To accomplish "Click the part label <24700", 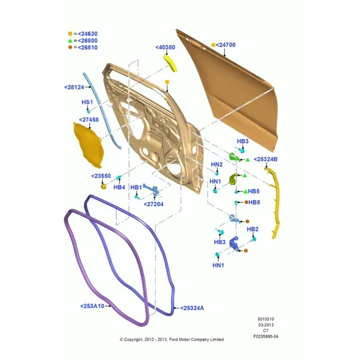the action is pyautogui.click(x=226, y=45).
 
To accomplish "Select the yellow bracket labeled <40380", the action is pyautogui.click(x=170, y=62).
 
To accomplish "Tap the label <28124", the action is pyautogui.click(x=74, y=87).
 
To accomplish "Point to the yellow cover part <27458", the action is pyautogui.click(x=88, y=145).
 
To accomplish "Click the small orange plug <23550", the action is pyautogui.click(x=104, y=186).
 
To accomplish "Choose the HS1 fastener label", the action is pyautogui.click(x=87, y=102).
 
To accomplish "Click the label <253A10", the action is pyautogui.click(x=92, y=306).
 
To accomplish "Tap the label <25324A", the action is pyautogui.click(x=192, y=308).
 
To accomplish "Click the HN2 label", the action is pyautogui.click(x=217, y=164).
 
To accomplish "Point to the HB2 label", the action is pyautogui.click(x=253, y=229).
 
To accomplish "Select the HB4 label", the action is pyautogui.click(x=119, y=187).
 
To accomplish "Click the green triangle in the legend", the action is pyautogui.click(x=70, y=41).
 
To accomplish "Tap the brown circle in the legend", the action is pyautogui.click(x=70, y=47).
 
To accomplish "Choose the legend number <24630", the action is pyautogui.click(x=88, y=34).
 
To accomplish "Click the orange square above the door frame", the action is pyautogui.click(x=167, y=82).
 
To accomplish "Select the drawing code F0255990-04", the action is pyautogui.click(x=266, y=337).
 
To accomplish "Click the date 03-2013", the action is pyautogui.click(x=266, y=325).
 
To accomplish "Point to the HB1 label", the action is pyautogui.click(x=136, y=188).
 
